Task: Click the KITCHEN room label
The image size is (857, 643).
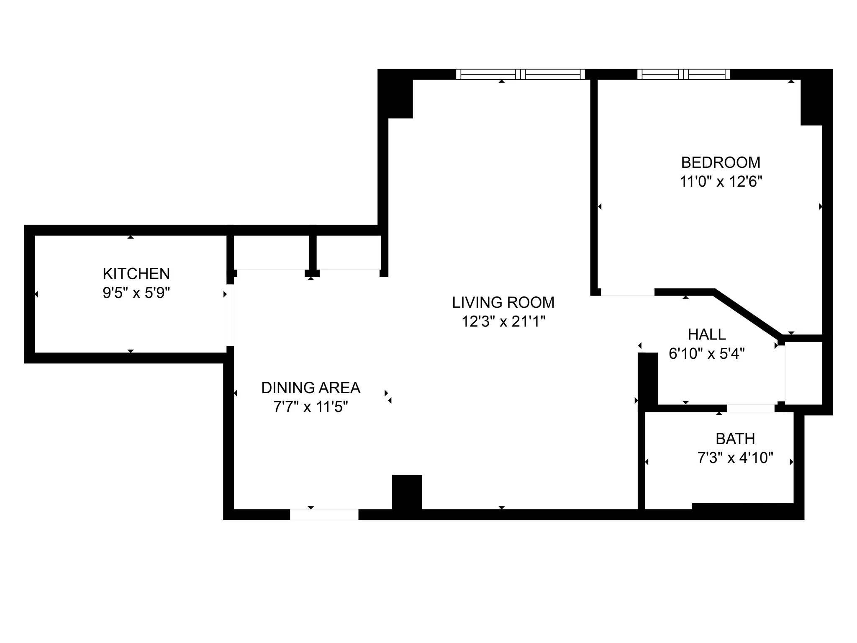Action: [136, 274]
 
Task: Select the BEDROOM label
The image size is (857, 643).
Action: [721, 162]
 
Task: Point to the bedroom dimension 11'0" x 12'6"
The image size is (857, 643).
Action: [721, 182]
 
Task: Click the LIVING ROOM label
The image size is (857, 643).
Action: [503, 302]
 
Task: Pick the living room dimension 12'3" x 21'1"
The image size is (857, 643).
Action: [503, 321]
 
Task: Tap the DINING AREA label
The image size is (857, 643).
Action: [310, 388]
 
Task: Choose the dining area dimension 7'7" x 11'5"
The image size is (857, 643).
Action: [310, 407]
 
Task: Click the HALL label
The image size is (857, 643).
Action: [707, 334]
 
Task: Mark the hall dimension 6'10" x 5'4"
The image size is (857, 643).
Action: [707, 354]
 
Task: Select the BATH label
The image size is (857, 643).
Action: [735, 439]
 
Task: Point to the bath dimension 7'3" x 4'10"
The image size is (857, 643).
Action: [735, 458]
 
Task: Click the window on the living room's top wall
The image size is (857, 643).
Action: [520, 75]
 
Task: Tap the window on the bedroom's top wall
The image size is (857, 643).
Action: [683, 75]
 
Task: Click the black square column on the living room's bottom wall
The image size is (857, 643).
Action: [407, 492]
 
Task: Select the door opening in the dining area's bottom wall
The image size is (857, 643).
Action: [324, 514]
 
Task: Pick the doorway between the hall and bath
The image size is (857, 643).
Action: [750, 408]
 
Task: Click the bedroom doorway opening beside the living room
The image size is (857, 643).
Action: [627, 293]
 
